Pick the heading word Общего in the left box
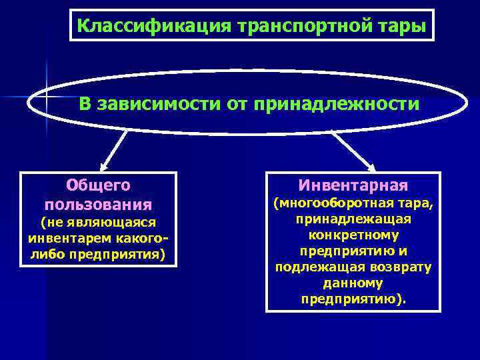(99, 185)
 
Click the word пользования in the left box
(99, 203)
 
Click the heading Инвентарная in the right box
(353, 185)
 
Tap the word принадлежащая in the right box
(353, 219)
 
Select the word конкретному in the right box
(353, 235)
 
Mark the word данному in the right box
(353, 283)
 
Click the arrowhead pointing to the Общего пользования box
(103, 167)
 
